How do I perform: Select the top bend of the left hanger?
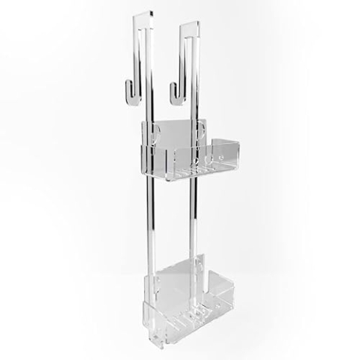coord(142,16)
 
